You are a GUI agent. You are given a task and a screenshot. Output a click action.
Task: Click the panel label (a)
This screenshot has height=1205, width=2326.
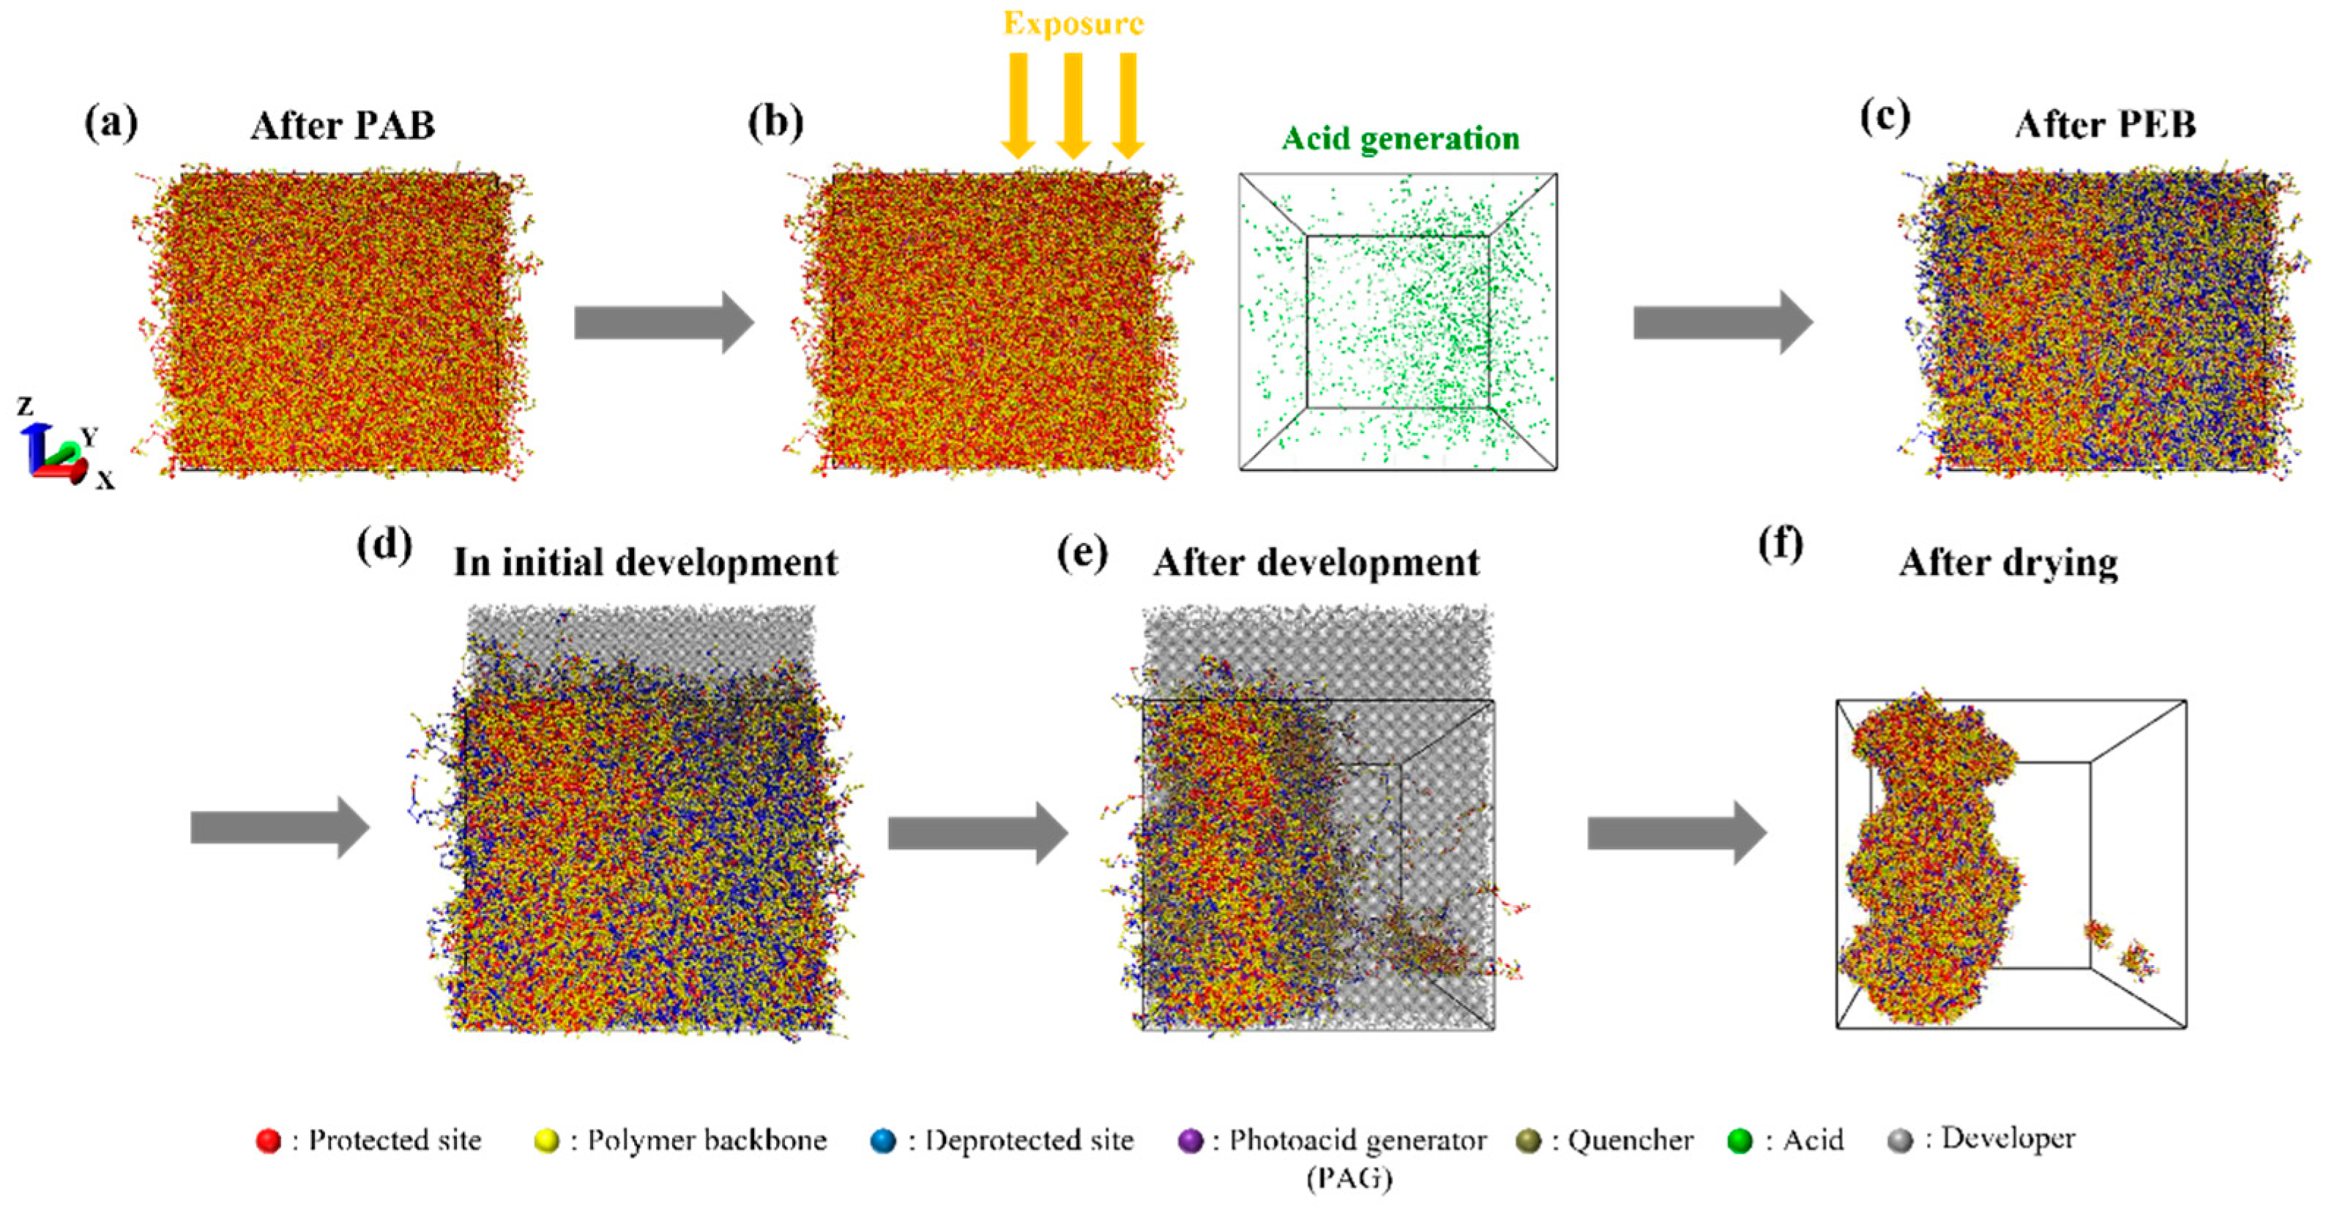click(111, 123)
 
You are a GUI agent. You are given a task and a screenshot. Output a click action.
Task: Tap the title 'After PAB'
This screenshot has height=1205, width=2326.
click(343, 125)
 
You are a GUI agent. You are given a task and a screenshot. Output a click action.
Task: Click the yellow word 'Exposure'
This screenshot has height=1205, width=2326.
click(1073, 23)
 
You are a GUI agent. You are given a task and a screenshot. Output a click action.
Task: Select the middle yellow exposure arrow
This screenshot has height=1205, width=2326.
click(1073, 104)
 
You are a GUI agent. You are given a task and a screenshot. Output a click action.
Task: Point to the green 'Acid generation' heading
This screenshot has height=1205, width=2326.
click(1401, 138)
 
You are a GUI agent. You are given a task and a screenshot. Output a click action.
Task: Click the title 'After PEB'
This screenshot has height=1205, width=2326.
click(2105, 124)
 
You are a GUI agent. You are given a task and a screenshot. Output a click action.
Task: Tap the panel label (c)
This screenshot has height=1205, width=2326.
click(1885, 117)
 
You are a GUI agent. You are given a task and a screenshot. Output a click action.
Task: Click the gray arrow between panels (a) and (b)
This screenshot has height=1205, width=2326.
click(663, 322)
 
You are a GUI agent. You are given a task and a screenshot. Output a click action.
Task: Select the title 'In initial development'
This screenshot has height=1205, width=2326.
click(646, 563)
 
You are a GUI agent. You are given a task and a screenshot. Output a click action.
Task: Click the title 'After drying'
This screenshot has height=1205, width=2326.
click(2008, 563)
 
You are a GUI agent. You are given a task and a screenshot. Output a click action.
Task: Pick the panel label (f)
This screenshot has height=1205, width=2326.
click(1781, 544)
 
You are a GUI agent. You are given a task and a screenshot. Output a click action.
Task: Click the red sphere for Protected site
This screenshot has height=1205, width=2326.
click(268, 1141)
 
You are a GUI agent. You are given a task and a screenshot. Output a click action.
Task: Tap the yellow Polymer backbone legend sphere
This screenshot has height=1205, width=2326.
click(546, 1141)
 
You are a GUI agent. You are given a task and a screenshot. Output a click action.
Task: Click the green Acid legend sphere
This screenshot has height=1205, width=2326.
click(1738, 1141)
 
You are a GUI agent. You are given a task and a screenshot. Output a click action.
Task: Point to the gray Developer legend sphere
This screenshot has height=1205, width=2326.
click(1900, 1141)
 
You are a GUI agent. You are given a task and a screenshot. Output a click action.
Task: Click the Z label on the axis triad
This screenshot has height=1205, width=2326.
click(26, 405)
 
